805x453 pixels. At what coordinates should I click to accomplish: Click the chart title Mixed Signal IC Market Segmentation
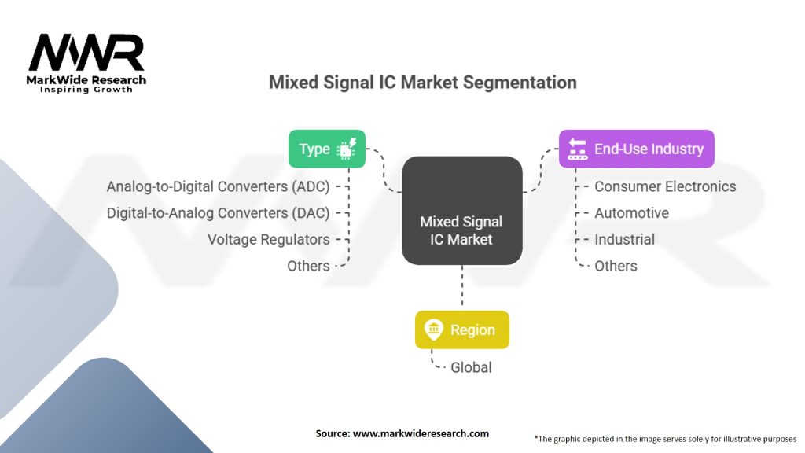(422, 83)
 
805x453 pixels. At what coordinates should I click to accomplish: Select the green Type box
(326, 149)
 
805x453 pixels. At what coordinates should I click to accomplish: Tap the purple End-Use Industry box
(636, 149)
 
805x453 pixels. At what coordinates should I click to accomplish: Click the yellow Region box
(461, 330)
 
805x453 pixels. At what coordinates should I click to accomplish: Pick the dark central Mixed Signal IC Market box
(461, 211)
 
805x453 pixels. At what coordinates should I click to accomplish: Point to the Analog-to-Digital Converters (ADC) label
(218, 186)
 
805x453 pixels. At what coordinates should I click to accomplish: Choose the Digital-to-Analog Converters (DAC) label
(218, 213)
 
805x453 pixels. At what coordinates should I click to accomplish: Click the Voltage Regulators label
(268, 239)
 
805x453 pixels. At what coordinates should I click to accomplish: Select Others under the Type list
(308, 266)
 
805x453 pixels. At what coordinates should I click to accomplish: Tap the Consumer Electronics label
(665, 186)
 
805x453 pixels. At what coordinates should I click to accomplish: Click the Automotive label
(631, 213)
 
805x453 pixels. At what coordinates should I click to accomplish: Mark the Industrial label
(624, 239)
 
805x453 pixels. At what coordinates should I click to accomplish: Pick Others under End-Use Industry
(616, 266)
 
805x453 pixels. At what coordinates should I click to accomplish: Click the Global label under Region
(471, 367)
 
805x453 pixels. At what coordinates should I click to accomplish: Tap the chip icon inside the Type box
(346, 149)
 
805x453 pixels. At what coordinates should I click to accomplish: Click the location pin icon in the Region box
(433, 330)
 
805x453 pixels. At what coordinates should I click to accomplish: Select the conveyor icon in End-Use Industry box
(578, 149)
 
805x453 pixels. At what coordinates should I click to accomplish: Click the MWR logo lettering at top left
(86, 53)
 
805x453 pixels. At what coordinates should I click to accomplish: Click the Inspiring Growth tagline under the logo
(86, 90)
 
